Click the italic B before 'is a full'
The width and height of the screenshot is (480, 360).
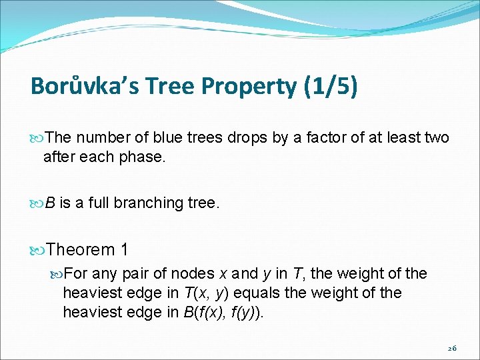(50, 203)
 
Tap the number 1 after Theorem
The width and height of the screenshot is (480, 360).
(125, 249)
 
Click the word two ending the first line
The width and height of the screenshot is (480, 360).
(437, 138)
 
